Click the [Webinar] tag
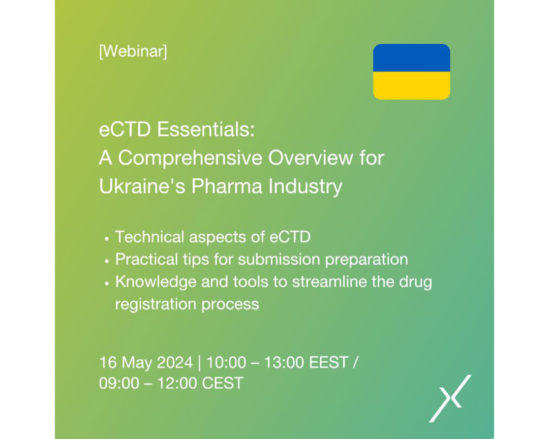click(x=133, y=51)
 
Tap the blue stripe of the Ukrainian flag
click(x=411, y=58)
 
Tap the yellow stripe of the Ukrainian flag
click(x=411, y=86)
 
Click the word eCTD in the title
click(x=125, y=129)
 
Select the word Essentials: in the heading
click(x=205, y=129)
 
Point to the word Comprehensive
click(x=190, y=158)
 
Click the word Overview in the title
click(x=311, y=158)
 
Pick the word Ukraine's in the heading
click(x=142, y=186)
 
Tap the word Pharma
click(x=227, y=186)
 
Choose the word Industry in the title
click(x=306, y=186)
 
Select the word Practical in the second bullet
click(x=146, y=260)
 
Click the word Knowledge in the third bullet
click(x=156, y=282)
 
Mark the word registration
click(x=156, y=304)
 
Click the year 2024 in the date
click(x=175, y=362)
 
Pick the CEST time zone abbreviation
click(x=223, y=383)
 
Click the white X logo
click(x=450, y=398)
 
